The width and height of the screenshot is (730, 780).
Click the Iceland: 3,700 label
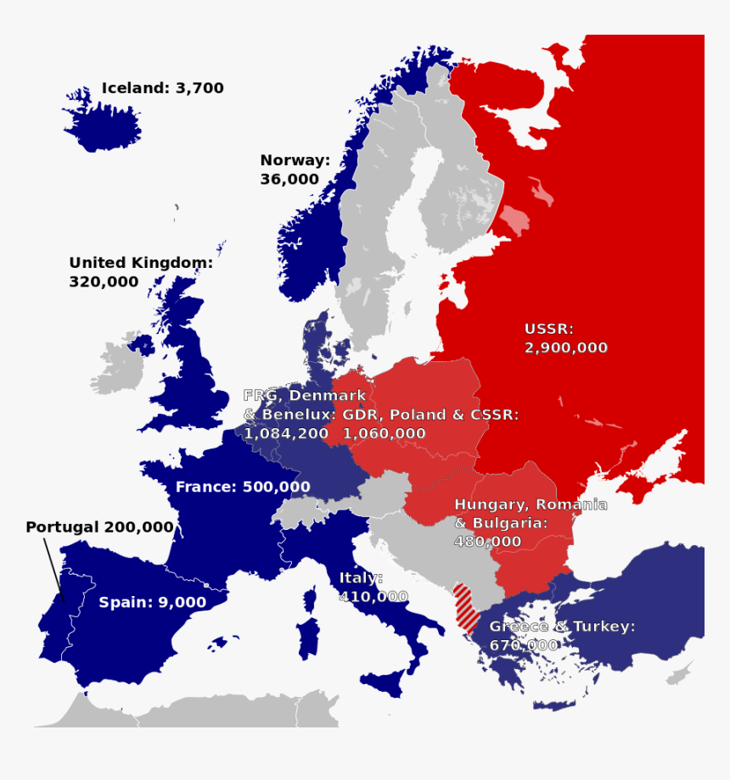tap(162, 88)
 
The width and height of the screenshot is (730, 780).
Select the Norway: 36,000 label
tap(294, 170)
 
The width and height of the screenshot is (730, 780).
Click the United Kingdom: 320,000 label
tap(140, 272)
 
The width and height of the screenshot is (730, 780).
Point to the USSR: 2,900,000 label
tap(565, 338)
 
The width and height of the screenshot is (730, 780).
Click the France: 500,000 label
tap(242, 487)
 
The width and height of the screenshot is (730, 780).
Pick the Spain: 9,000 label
tap(152, 603)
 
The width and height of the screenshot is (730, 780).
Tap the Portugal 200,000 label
tap(99, 527)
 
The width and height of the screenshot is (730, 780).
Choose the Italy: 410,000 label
tap(373, 587)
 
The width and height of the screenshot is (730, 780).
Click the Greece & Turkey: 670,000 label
tap(561, 636)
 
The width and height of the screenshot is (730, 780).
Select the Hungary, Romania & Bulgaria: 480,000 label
tap(530, 522)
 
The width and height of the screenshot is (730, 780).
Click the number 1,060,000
tap(384, 433)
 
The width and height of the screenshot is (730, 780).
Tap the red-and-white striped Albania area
tap(464, 604)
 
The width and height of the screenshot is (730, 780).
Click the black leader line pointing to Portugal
tap(52, 568)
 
